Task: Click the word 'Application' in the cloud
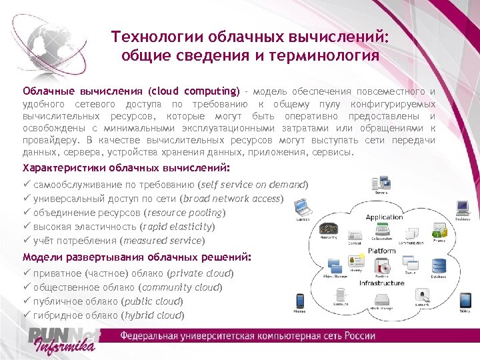[x=384, y=217]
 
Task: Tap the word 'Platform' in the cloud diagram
[x=382, y=251]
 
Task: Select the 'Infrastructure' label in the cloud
[x=382, y=283]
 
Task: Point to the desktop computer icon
[x=461, y=207]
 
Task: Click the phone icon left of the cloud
[x=301, y=301]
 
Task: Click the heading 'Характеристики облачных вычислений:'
[x=126, y=167]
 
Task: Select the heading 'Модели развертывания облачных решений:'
[x=137, y=257]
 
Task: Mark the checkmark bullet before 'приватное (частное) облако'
[x=27, y=273]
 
